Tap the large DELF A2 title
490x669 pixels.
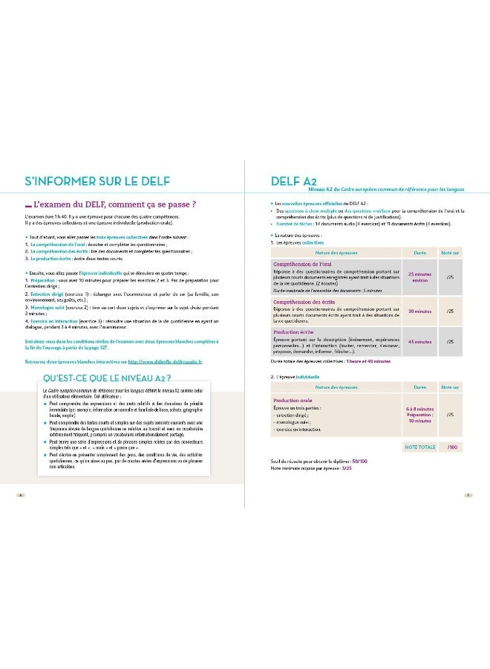[286, 181]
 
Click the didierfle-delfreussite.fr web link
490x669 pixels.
[164, 361]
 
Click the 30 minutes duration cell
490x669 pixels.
[420, 311]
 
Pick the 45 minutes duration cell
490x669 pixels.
[420, 342]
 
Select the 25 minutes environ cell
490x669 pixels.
[420, 277]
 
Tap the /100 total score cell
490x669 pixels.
[453, 447]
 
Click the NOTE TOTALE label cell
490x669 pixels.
[420, 447]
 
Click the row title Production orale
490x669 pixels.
[295, 400]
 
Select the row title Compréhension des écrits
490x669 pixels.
[304, 303]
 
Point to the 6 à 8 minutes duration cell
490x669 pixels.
[420, 409]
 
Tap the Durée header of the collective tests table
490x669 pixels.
[420, 253]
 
